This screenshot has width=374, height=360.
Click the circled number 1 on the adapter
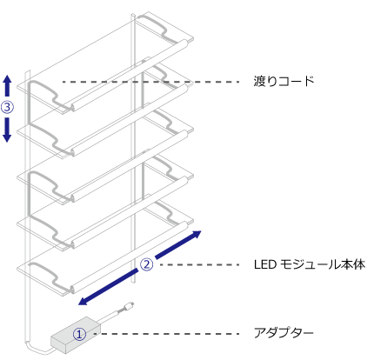[79, 334]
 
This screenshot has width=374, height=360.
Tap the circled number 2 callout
[146, 264]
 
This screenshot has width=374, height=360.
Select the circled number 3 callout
[7, 107]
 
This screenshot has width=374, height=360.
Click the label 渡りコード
[284, 81]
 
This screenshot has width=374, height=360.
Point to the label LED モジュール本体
[310, 264]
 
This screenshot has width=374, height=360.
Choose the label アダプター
[284, 332]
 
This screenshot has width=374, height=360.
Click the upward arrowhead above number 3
[7, 80]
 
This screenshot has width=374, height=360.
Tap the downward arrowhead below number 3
[7, 137]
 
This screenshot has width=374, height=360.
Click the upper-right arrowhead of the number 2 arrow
[196, 234]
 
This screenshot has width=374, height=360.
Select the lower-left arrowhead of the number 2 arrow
[84, 302]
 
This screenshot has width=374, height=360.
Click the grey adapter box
[76, 335]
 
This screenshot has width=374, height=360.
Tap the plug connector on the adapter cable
[129, 305]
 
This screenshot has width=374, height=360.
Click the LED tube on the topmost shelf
[130, 75]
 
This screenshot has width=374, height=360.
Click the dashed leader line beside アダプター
[166, 334]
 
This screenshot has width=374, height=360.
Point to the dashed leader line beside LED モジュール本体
[200, 264]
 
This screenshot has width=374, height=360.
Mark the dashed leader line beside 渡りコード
[150, 82]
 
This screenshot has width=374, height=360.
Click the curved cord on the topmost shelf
[155, 28]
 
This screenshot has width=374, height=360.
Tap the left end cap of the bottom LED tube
[72, 289]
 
